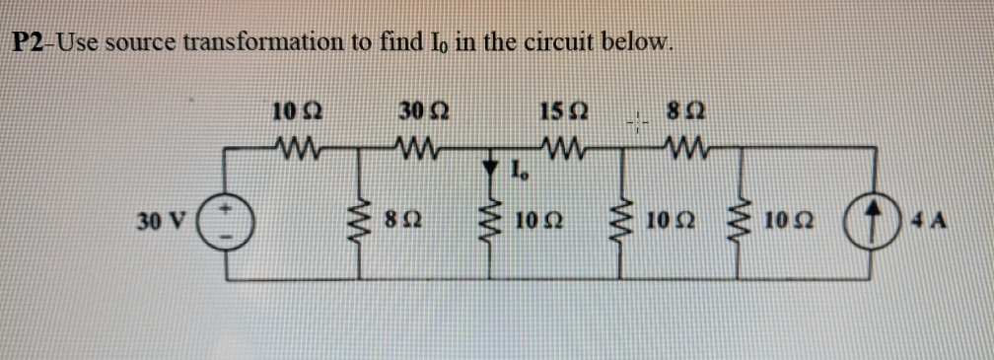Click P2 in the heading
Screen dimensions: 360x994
30,42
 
